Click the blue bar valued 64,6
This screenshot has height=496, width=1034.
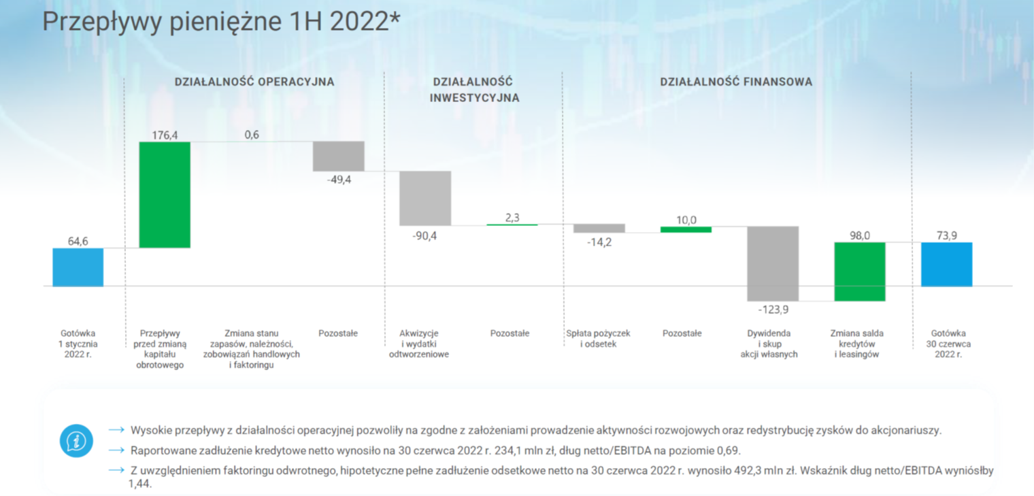tap(78, 267)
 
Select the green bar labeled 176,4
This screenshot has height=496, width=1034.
tap(165, 195)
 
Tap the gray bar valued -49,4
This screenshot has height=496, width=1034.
tap(338, 156)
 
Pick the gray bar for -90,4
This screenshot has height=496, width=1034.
tap(425, 198)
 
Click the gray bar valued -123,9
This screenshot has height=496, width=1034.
tap(773, 264)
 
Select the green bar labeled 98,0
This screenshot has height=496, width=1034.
tap(860, 271)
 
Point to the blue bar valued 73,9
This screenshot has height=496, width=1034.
tap(947, 265)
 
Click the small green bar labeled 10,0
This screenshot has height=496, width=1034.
tap(686, 229)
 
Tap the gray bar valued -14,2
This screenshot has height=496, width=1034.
tap(599, 228)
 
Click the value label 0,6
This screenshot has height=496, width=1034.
tap(252, 135)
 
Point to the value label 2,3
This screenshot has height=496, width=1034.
tap(512, 218)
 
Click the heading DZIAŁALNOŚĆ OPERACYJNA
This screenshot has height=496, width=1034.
tap(254, 82)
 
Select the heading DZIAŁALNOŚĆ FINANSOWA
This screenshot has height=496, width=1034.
tap(736, 82)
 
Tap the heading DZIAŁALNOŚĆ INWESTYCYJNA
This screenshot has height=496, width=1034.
tap(474, 90)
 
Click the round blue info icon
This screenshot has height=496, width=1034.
tap(76, 441)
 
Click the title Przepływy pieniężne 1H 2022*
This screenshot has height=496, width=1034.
tap(222, 21)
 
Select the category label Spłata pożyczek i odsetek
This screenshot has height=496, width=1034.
tap(598, 339)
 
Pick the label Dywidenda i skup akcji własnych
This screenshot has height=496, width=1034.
tap(769, 344)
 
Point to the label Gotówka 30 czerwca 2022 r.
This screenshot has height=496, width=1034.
tap(948, 344)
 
